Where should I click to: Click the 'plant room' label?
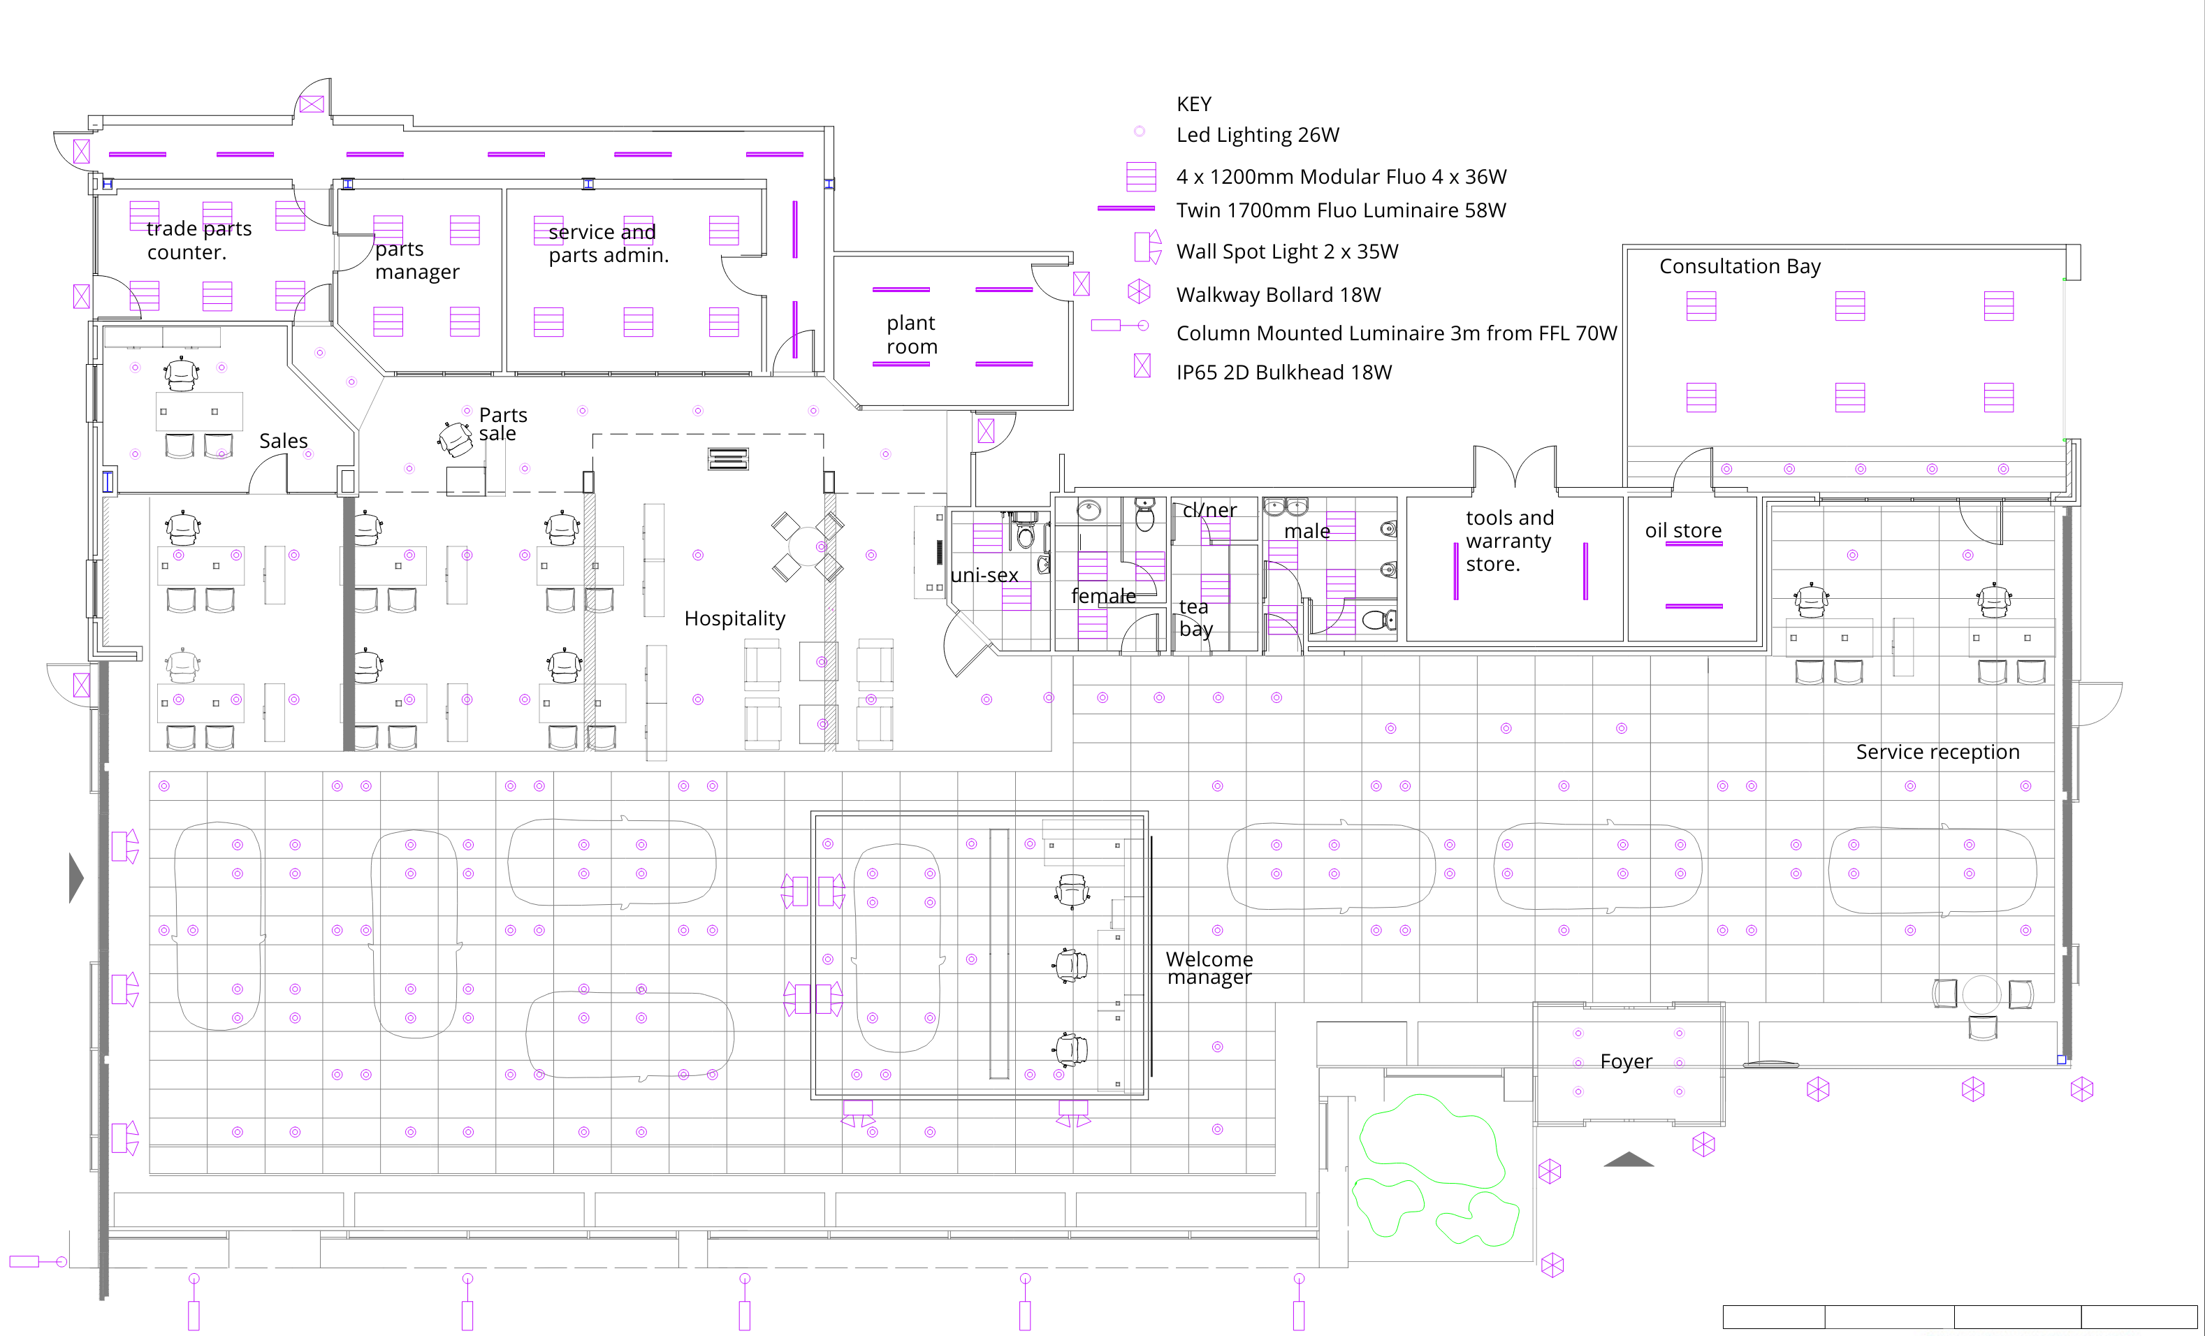tap(912, 335)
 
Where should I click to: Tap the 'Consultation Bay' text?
tap(1740, 267)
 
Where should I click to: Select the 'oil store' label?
tap(1683, 530)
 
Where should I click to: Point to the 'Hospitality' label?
tap(735, 618)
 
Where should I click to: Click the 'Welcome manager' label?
tap(1210, 968)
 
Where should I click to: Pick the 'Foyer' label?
tap(1626, 1062)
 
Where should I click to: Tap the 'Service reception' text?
tap(1937, 752)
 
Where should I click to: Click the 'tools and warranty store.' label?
tap(1510, 541)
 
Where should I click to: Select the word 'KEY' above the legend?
tap(1194, 104)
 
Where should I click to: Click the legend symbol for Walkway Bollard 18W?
tap(1140, 291)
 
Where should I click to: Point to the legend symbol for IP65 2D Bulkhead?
tap(1142, 365)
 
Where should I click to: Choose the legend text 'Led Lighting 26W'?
tap(1258, 135)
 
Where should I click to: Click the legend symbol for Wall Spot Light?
tap(1147, 247)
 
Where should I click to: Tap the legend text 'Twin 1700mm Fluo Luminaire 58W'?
tap(1341, 210)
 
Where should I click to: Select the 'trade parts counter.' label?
tap(198, 240)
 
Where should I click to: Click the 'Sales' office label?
tap(283, 441)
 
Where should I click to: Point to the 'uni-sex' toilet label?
tap(984, 575)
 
